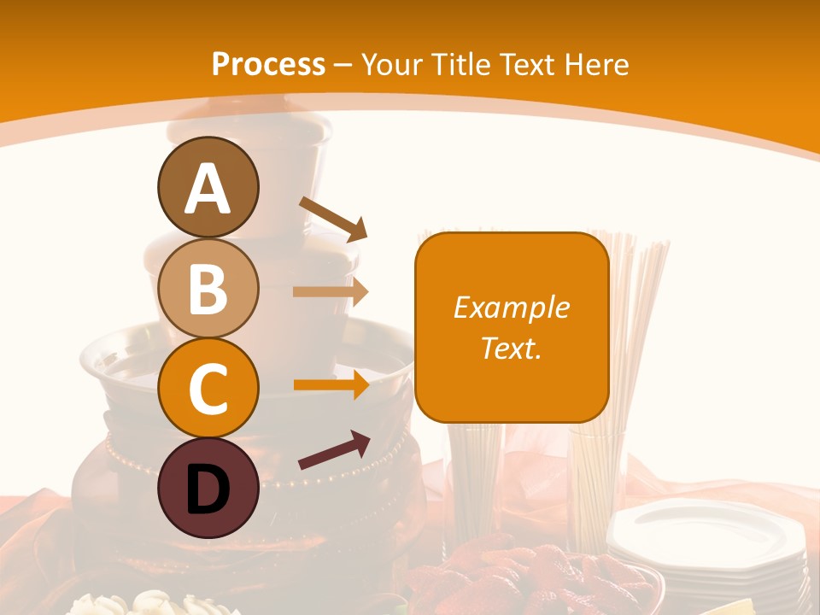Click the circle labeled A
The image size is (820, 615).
pos(208,187)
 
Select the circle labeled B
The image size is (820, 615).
pos(208,288)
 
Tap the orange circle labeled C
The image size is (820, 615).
pos(208,389)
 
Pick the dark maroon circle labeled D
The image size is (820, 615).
pos(208,489)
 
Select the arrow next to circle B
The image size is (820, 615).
pos(331,292)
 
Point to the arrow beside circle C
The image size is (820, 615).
pos(331,385)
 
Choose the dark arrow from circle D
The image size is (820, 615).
pos(334,451)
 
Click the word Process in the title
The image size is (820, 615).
pos(268,64)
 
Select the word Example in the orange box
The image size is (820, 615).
pos(511,307)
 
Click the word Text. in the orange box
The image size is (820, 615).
pos(511,348)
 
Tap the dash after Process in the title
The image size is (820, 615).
pos(343,65)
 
